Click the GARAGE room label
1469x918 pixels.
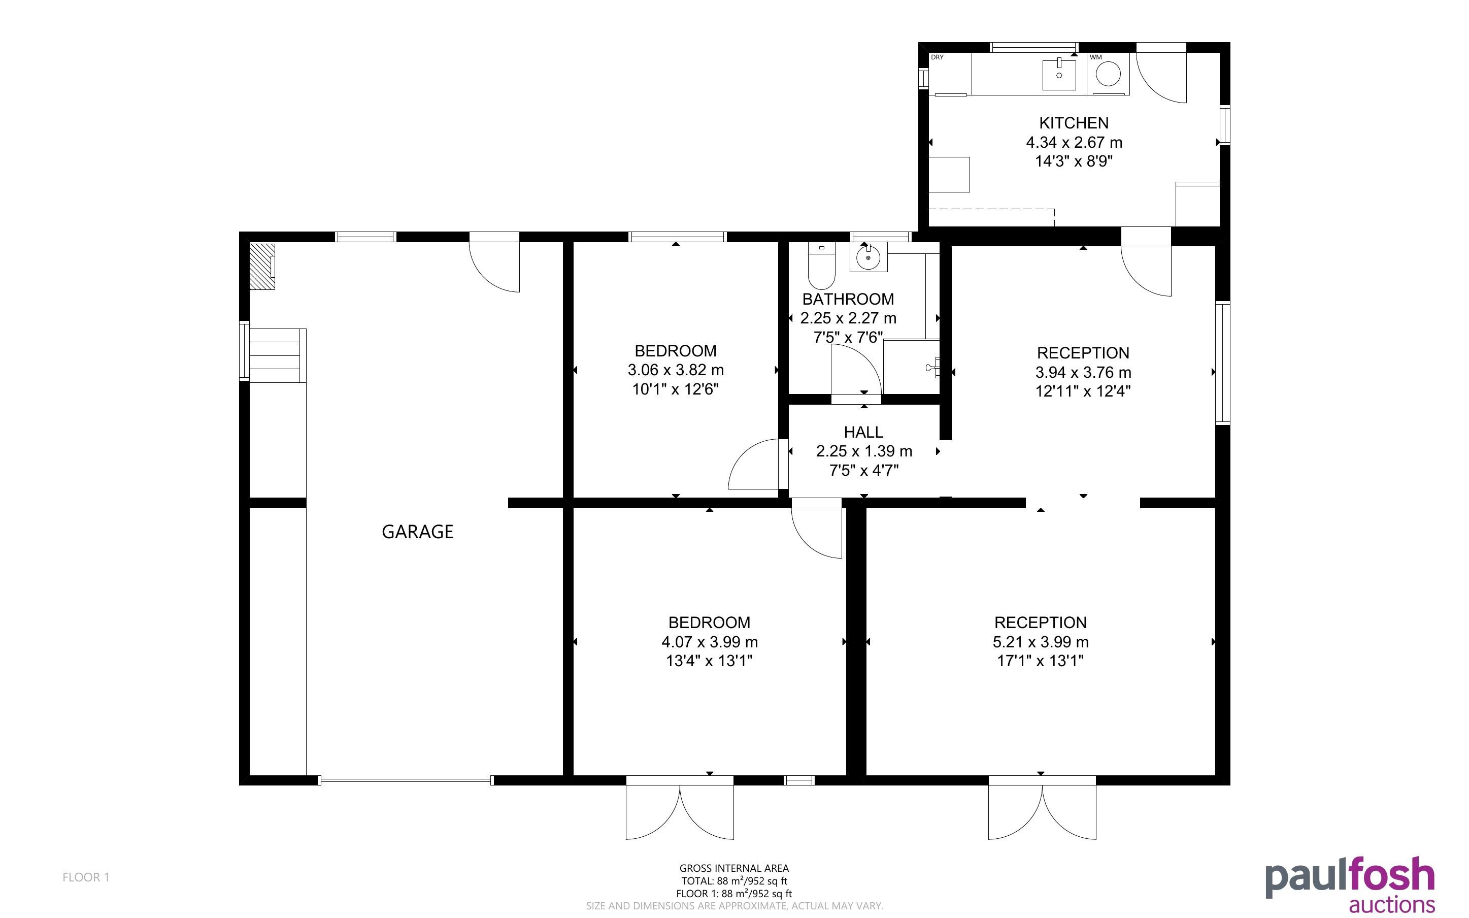[x=417, y=532]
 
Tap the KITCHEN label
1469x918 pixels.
[x=1074, y=123]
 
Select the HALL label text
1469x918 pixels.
[x=863, y=432]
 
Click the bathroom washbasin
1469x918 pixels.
[x=869, y=256]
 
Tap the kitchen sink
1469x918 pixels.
[x=1059, y=74]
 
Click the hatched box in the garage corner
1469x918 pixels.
[x=263, y=267]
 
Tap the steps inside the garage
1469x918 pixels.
[x=276, y=355]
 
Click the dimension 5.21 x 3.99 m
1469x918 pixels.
[x=1040, y=642]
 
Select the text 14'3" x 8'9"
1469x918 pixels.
[x=1074, y=161]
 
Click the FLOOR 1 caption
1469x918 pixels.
[x=86, y=877]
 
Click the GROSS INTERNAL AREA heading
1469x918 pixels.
[x=734, y=868]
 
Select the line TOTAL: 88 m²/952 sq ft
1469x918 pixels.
[x=734, y=881]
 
